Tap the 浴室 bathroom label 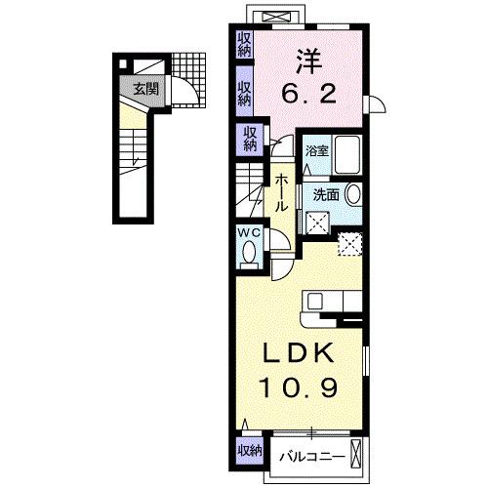[316, 151]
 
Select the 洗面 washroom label [326, 194]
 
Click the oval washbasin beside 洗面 [352, 193]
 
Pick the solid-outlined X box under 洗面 [318, 222]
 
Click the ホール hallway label [280, 193]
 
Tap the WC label [248, 233]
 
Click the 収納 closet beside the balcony [248, 450]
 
